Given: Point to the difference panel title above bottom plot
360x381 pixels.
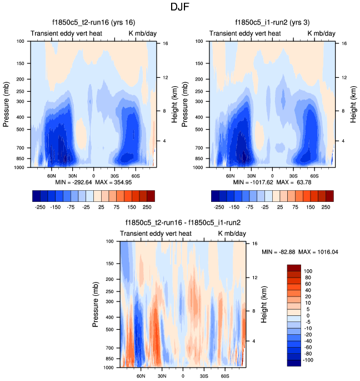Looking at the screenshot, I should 183,222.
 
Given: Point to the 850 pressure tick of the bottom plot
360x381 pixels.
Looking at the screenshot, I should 109,359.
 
